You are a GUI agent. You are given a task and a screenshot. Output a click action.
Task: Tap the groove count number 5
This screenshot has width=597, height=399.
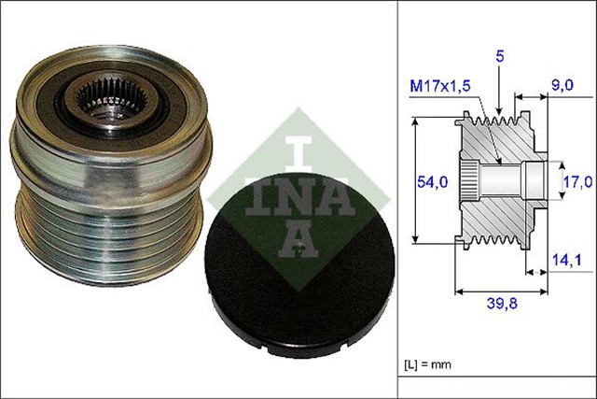(500, 58)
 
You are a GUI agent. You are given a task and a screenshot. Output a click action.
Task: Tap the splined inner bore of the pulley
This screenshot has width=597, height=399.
(101, 96)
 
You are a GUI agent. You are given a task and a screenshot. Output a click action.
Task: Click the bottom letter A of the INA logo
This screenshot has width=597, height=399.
(296, 240)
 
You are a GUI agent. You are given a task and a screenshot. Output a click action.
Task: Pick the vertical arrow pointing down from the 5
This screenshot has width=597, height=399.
(500, 93)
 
